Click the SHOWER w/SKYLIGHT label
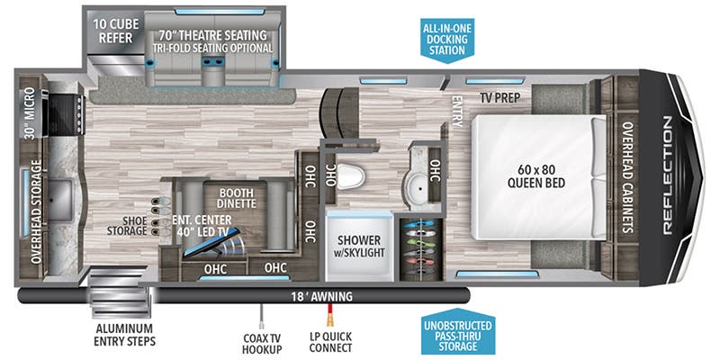coord(360,246)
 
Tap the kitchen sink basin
coord(64,192)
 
